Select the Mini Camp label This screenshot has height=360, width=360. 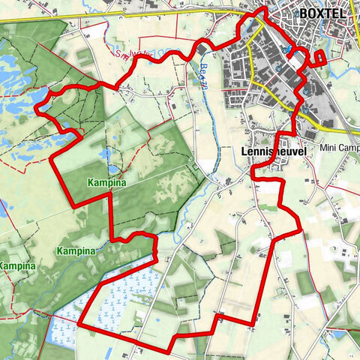point(337,148)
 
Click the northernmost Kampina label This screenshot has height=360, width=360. point(105,183)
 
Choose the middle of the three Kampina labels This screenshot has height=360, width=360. point(78,250)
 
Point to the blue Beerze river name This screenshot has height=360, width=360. point(202,74)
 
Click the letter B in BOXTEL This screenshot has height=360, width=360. point(304,12)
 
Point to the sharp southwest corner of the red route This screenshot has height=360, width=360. point(81,328)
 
